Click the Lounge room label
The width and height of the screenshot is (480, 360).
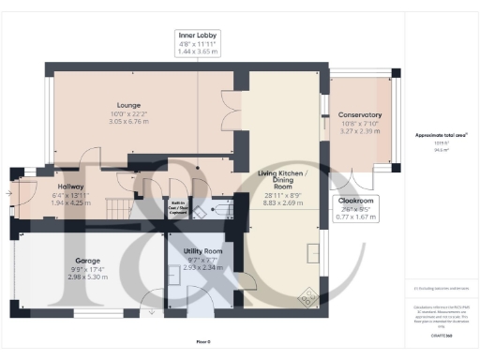coord(128,105)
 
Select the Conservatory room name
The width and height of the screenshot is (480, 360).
coord(360,115)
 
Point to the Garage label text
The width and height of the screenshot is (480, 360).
coord(88,261)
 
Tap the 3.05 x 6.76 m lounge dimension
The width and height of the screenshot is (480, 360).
coord(128,121)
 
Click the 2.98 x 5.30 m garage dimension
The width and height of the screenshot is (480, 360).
coord(88,277)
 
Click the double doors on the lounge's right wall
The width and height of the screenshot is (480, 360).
coord(226,111)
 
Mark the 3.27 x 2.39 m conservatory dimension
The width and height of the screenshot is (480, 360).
coord(360,132)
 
